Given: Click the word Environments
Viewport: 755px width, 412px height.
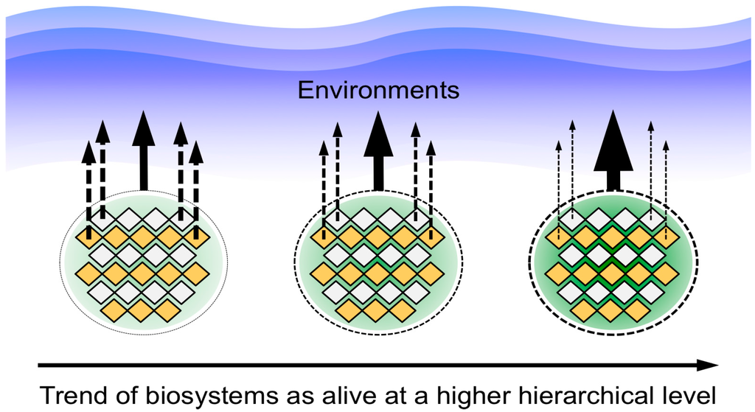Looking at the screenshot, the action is click(x=378, y=91).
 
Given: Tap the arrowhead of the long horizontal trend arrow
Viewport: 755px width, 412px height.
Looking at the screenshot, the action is click(x=709, y=364).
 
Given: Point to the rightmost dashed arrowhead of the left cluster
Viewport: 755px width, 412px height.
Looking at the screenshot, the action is click(x=195, y=153).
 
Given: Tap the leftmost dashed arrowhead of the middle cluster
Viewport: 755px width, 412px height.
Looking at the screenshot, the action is click(x=323, y=147).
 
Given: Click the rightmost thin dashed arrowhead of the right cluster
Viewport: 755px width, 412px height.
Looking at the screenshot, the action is click(x=667, y=144).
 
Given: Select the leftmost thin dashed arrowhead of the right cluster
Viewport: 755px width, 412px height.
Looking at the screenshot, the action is click(x=560, y=144).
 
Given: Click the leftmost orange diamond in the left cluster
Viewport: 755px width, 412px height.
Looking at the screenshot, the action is click(x=89, y=236).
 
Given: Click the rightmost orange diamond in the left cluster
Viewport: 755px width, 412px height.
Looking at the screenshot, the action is click(x=196, y=273).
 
